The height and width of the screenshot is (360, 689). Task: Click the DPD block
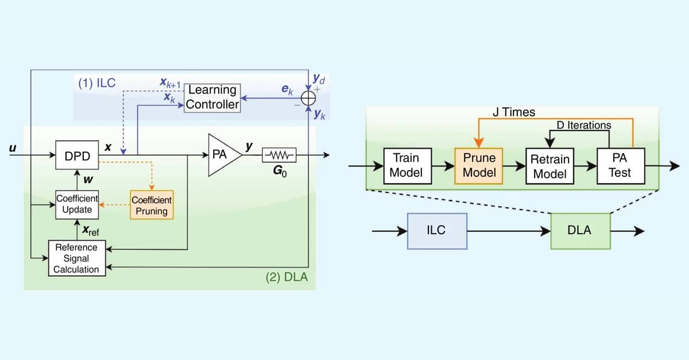tap(77, 155)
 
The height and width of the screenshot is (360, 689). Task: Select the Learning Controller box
tap(212, 97)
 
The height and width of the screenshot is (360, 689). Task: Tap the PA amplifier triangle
tap(223, 155)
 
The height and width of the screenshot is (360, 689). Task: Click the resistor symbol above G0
tap(279, 155)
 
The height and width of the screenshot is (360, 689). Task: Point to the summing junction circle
tap(308, 98)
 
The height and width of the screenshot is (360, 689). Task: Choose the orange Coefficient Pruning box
tap(152, 205)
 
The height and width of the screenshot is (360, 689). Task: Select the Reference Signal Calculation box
tap(77, 258)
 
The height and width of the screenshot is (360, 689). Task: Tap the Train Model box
tap(406, 165)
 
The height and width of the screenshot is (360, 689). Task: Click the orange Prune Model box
tap(479, 165)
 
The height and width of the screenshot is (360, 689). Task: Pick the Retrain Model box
tap(549, 166)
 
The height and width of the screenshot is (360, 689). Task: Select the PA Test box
tap(620, 165)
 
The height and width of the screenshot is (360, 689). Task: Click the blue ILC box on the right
tap(436, 231)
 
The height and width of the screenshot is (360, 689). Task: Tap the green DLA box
tap(580, 231)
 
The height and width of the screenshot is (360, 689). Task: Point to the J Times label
tap(514, 113)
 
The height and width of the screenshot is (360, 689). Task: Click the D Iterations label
tap(584, 125)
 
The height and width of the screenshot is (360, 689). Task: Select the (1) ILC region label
tap(97, 82)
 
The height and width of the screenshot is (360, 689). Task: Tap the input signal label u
tap(11, 148)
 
